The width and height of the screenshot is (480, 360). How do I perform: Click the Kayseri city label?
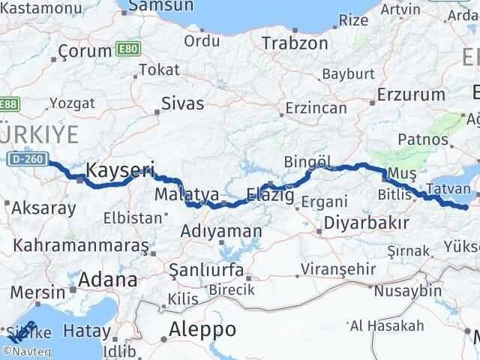[121, 171]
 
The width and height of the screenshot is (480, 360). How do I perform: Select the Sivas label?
[183, 103]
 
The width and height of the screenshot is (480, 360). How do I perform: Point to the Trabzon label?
[295, 43]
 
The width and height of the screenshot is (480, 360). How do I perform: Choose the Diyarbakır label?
[366, 223]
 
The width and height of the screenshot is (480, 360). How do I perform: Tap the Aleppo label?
[202, 328]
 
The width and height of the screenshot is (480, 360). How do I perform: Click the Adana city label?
[109, 280]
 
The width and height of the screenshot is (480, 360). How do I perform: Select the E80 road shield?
[127, 49]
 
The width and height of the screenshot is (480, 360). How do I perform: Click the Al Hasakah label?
[386, 325]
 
